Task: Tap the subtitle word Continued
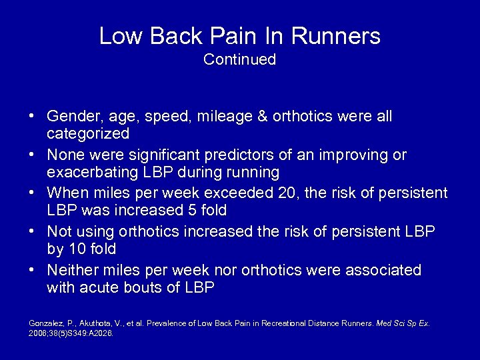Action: (x=240, y=59)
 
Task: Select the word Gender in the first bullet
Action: (x=71, y=117)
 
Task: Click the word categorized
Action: (x=88, y=133)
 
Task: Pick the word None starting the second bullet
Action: (x=65, y=155)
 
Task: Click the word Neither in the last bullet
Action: (x=71, y=270)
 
